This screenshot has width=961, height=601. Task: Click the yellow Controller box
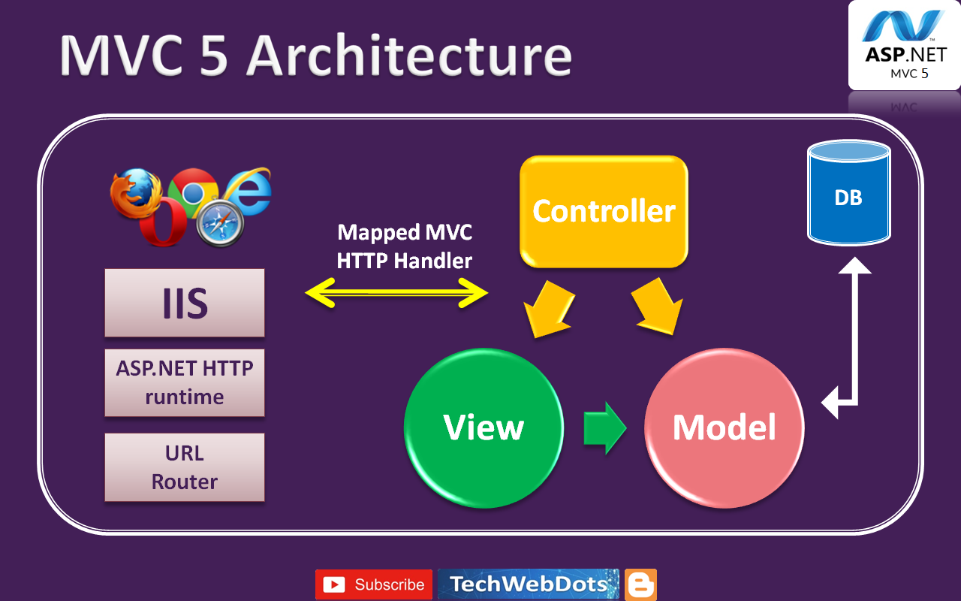604,211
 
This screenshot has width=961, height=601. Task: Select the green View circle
484,427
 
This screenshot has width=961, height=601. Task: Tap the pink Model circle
724,427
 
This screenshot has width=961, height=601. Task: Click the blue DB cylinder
848,197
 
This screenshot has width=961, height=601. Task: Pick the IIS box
185,303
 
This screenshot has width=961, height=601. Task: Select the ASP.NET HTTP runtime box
185,382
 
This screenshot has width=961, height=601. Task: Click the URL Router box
185,467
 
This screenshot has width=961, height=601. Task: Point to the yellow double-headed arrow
396,292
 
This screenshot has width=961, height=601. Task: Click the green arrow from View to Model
605,427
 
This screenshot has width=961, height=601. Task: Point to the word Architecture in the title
409,56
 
